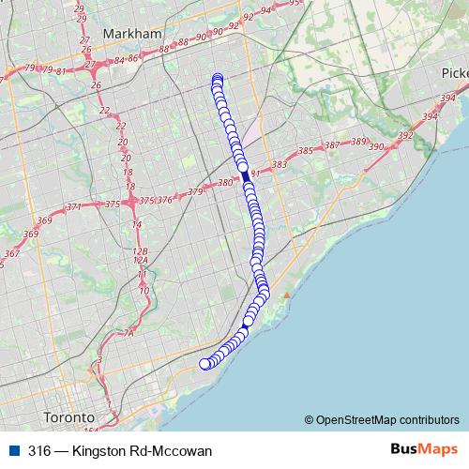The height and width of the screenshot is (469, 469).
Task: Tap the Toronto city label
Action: click(x=69, y=416)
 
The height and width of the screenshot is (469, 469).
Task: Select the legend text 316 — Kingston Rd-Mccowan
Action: click(x=120, y=451)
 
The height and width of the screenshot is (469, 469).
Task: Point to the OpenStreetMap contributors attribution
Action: click(x=383, y=419)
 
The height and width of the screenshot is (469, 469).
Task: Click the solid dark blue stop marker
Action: click(x=246, y=176)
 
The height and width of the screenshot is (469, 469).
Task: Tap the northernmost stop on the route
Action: click(x=218, y=79)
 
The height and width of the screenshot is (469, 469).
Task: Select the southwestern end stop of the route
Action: click(x=205, y=364)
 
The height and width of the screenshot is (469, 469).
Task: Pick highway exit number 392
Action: click(x=404, y=136)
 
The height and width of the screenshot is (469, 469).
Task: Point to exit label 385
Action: click(x=304, y=151)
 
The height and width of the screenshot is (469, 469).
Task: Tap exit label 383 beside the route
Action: click(x=279, y=165)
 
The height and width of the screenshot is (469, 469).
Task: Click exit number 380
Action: click(x=224, y=183)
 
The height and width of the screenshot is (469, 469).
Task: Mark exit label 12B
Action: click(x=141, y=251)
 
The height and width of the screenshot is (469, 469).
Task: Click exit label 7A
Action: click(x=129, y=332)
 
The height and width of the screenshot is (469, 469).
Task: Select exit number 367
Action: click(x=11, y=253)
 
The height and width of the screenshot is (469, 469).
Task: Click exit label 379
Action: click(x=195, y=191)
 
